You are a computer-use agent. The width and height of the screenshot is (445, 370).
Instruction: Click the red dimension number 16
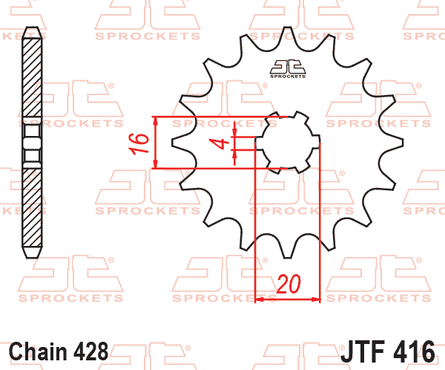click(x=139, y=144)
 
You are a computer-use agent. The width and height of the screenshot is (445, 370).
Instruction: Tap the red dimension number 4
click(x=219, y=143)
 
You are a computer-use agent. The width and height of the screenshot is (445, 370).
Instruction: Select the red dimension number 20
click(x=288, y=284)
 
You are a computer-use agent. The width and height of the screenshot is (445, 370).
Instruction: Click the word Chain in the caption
click(x=38, y=351)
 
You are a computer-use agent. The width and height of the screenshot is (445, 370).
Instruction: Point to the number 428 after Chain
click(x=90, y=351)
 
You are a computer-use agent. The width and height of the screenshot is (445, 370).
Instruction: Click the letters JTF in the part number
click(x=363, y=351)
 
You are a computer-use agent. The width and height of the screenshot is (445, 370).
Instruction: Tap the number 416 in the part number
click(x=414, y=351)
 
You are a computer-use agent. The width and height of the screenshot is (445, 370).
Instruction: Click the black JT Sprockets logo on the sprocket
click(x=288, y=69)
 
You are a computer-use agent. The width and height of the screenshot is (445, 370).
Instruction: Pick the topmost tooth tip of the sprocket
click(x=288, y=27)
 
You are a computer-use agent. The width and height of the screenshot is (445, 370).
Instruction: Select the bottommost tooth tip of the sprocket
click(x=288, y=257)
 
